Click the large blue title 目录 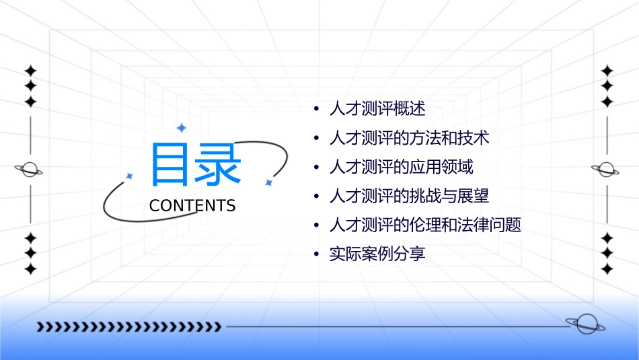pyautogui.click(x=195, y=165)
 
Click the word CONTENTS pyautogui.click(x=192, y=206)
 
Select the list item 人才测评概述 pyautogui.click(x=377, y=109)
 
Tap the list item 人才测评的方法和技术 pyautogui.click(x=409, y=139)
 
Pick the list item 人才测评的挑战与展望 pyautogui.click(x=409, y=196)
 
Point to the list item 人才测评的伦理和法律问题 pyautogui.click(x=425, y=225)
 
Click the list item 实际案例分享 pyautogui.click(x=377, y=254)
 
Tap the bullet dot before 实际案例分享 pyautogui.click(x=317, y=255)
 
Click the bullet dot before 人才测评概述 pyautogui.click(x=317, y=110)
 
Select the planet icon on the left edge pyautogui.click(x=30, y=170)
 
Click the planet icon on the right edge pyautogui.click(x=606, y=170)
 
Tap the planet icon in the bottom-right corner pyautogui.click(x=585, y=324)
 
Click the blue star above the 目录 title pyautogui.click(x=181, y=127)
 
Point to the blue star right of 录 pyautogui.click(x=268, y=182)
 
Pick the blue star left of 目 pyautogui.click(x=130, y=176)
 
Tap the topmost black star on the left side pyautogui.click(x=30, y=71)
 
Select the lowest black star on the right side pyautogui.click(x=607, y=269)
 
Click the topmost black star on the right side pyautogui.click(x=607, y=71)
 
